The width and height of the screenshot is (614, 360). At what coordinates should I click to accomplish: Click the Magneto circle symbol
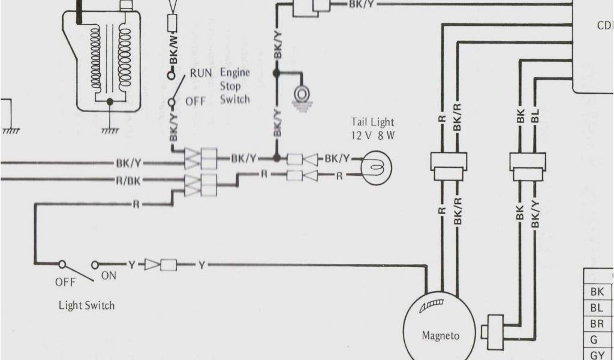440,330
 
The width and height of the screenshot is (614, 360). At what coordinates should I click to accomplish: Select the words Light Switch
86,305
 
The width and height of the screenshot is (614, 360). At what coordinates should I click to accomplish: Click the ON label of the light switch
109,277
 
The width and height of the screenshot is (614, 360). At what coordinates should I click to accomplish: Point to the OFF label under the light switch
65,281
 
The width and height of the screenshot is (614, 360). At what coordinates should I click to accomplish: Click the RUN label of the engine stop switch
201,74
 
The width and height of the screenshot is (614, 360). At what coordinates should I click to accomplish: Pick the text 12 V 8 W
373,135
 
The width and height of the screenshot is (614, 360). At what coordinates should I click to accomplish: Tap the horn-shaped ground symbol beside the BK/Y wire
302,95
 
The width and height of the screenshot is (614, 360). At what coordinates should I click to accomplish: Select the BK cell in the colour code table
597,292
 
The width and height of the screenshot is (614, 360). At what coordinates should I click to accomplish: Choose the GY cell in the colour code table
597,354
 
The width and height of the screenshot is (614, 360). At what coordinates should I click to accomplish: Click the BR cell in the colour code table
597,323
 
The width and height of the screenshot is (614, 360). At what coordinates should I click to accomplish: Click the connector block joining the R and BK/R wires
449,166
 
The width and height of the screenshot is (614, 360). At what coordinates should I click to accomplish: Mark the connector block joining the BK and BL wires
528,166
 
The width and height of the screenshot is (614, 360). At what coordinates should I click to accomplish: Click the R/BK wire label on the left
128,179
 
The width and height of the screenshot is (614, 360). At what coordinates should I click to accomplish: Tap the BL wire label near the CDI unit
535,115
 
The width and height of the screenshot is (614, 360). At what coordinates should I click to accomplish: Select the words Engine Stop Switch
234,86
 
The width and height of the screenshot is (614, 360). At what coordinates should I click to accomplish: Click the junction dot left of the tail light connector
276,158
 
